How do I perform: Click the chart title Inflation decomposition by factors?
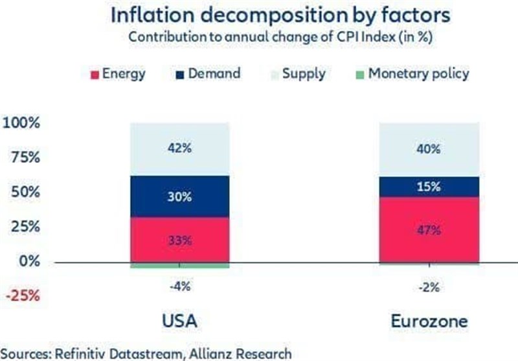(x=258, y=14)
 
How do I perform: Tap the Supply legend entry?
(x=301, y=73)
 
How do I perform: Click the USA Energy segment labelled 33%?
(x=179, y=240)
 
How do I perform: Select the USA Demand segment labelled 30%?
(x=179, y=196)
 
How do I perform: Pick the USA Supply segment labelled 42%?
(x=179, y=148)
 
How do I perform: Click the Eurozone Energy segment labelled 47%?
(x=429, y=229)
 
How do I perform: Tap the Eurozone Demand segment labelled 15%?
(x=429, y=187)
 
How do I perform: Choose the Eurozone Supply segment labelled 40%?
(x=429, y=148)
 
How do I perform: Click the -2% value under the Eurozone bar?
(x=429, y=285)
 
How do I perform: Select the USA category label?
(x=179, y=320)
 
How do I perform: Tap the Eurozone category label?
(x=429, y=320)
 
